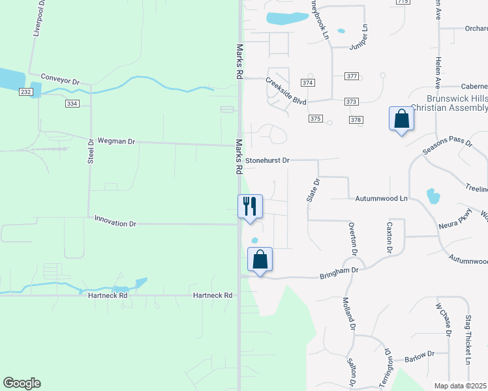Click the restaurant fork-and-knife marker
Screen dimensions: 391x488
point(250,207)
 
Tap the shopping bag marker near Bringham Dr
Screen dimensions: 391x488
point(260,259)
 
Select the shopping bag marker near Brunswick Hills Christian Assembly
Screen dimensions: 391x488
point(401,119)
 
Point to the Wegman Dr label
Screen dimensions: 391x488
point(115,141)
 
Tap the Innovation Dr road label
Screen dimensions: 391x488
point(115,223)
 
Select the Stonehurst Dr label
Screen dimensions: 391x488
point(267,160)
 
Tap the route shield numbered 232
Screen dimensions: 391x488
point(25,93)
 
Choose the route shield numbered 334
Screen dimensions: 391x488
point(72,104)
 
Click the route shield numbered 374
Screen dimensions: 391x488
point(308,83)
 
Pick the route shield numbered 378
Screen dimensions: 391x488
point(356,120)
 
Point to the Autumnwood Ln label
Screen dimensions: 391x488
point(382,197)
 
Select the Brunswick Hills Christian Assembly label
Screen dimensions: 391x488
point(457,103)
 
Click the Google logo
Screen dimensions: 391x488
point(22,383)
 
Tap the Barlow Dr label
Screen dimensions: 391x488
point(419,355)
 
